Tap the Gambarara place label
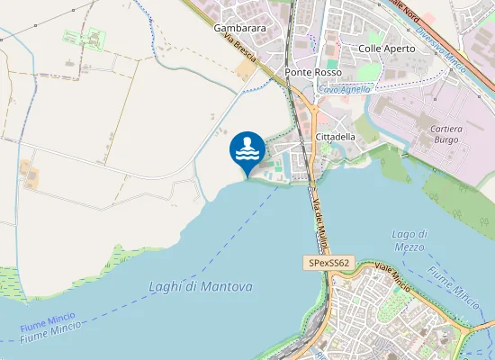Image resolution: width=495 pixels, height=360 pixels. pos(239,28)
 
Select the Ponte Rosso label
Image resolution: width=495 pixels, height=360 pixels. pos(310,72)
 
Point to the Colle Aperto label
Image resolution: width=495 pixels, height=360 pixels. pos(387,48)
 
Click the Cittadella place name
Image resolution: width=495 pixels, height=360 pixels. pos(336,136)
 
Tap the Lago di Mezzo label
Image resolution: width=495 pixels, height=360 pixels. pos(409,240)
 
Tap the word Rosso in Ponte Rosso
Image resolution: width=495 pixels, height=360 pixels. pos(325,72)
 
